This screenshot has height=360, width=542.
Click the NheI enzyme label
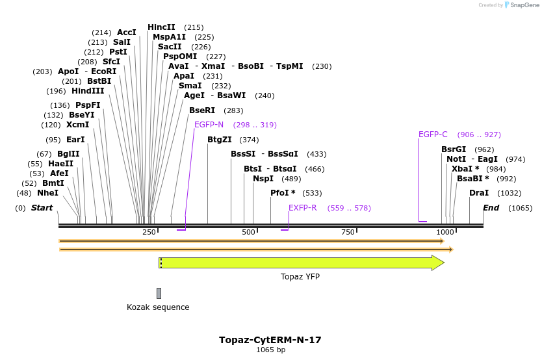47,193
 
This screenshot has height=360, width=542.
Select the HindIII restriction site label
88,91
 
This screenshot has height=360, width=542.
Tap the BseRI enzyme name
201,110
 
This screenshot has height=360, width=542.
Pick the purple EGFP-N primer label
209,125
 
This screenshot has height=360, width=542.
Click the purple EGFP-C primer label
433,135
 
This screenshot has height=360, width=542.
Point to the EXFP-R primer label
303,208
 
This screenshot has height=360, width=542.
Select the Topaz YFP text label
300,277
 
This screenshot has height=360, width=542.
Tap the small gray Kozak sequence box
159,294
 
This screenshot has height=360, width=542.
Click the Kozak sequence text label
158,307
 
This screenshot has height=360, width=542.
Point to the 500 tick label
248,233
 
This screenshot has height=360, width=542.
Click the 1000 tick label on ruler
445,233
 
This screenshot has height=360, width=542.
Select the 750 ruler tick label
348,233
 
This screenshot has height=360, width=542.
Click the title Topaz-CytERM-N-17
270,340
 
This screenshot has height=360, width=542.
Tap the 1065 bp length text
270,350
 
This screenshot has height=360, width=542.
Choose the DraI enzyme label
479,193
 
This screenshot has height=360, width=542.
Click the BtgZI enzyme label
220,140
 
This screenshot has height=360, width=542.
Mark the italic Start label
42,208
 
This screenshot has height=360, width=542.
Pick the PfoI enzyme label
283,193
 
